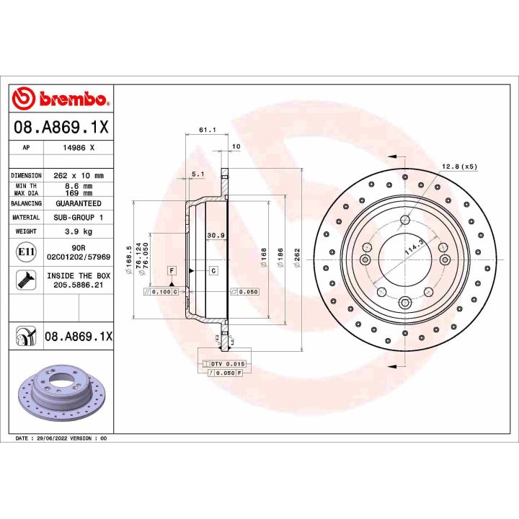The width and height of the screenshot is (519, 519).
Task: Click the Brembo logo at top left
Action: pyautogui.click(x=61, y=99)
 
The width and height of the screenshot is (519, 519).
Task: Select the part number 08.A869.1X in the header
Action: pyautogui.click(x=61, y=128)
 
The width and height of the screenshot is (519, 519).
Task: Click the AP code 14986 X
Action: pyautogui.click(x=79, y=146)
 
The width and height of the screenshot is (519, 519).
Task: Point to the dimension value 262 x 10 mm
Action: pyautogui.click(x=79, y=175)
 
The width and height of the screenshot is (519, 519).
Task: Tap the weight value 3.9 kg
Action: pyautogui.click(x=79, y=231)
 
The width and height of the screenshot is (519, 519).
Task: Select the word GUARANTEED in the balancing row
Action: pyautogui.click(x=79, y=203)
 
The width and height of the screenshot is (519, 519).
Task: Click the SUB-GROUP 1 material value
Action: pyautogui.click(x=79, y=217)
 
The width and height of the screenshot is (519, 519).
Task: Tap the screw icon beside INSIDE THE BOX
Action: pyautogui.click(x=25, y=280)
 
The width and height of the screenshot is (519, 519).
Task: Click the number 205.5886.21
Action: pyautogui.click(x=79, y=285)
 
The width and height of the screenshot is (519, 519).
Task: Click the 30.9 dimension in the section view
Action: pyautogui.click(x=215, y=235)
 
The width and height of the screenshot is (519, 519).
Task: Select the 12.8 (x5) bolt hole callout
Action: pyautogui.click(x=459, y=167)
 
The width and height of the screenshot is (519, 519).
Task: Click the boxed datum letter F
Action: pyautogui.click(x=172, y=270)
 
